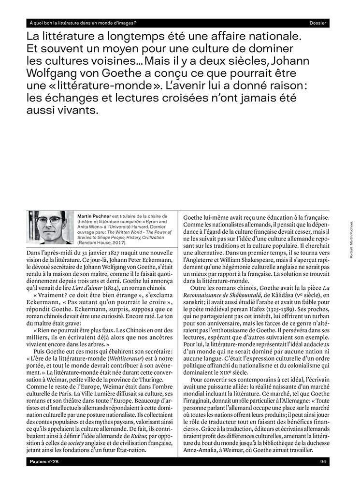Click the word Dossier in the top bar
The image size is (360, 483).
pyautogui.click(x=317, y=23)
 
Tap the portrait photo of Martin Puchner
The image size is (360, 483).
pyautogui.click(x=50, y=227)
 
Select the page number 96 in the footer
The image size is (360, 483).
pyautogui.click(x=323, y=462)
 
